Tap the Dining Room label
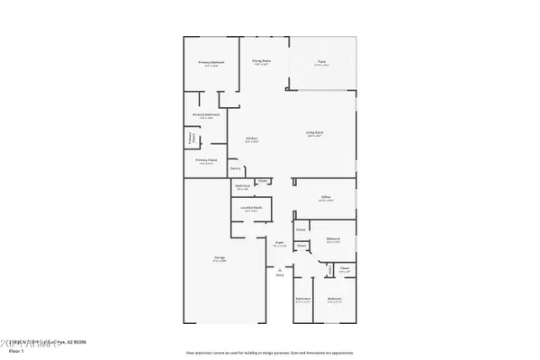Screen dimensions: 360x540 pyautogui.click(x=262, y=61)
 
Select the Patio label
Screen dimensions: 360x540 pyautogui.click(x=320, y=61)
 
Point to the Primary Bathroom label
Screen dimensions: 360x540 pyautogui.click(x=206, y=115)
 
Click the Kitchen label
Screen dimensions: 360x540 pyautogui.click(x=252, y=139)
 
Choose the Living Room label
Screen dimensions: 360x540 pyautogui.click(x=314, y=133)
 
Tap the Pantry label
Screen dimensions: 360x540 pyautogui.click(x=235, y=168)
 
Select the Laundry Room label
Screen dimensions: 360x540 pyautogui.click(x=250, y=208)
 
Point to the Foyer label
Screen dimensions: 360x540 pyautogui.click(x=279, y=243)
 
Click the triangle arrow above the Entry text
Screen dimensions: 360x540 pyautogui.click(x=280, y=269)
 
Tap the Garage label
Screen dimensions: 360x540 pyautogui.click(x=219, y=258)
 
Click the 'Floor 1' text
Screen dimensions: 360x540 pyautogui.click(x=12, y=352)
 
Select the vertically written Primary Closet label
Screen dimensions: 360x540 pyautogui.click(x=192, y=140)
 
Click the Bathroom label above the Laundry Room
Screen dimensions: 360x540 pyautogui.click(x=242, y=187)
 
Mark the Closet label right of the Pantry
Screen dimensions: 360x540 pyautogui.click(x=262, y=180)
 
